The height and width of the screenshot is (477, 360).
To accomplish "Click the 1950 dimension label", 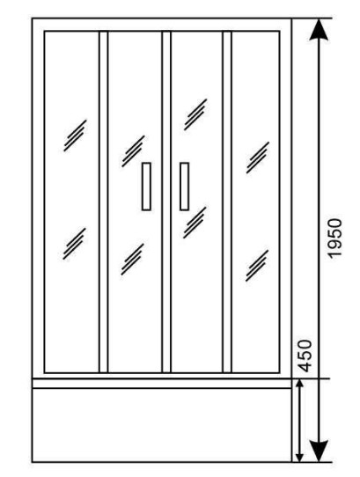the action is (335, 238).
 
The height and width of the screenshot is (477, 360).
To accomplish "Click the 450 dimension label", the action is (305, 356).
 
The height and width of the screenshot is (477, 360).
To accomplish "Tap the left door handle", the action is (146, 187).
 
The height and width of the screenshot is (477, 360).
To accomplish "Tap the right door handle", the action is (184, 187).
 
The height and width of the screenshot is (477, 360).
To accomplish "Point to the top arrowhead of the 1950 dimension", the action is (319, 30).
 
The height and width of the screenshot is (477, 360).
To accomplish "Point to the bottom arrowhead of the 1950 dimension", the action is (319, 451).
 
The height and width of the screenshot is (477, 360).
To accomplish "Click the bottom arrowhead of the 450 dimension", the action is (300, 455).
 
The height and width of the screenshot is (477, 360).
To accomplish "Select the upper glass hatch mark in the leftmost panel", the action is (75, 136).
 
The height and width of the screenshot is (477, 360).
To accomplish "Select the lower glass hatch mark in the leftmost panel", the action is (74, 244).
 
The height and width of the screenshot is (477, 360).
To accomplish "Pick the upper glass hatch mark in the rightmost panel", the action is (258, 158).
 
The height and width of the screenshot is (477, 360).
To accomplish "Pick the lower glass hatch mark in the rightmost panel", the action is (257, 266).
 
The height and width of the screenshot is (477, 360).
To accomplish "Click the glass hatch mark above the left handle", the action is (133, 151).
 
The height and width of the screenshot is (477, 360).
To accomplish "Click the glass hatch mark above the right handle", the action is (195, 114).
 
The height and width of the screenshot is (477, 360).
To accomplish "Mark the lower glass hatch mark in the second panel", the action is (132, 260).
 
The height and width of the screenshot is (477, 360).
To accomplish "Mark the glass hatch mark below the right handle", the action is (195, 223).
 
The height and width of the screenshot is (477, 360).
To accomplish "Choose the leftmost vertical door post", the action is (104, 202).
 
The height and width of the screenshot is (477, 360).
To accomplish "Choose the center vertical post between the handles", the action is (166, 202).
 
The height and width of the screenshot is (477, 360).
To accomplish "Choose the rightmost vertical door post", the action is (227, 202).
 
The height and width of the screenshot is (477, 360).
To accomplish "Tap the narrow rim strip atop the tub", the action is (162, 384).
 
